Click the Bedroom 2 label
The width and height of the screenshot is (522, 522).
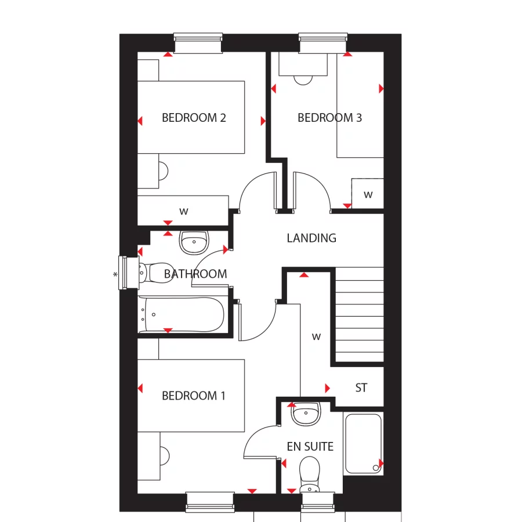tap(194, 118)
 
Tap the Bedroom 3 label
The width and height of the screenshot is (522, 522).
tap(329, 118)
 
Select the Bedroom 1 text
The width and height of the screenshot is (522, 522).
tap(194, 396)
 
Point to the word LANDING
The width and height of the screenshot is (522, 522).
tap(311, 238)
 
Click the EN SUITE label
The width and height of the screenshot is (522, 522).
tap(310, 447)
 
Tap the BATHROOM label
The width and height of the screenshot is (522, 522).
tap(195, 274)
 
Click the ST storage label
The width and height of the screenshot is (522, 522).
tap(361, 388)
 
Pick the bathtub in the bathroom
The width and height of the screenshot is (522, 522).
tap(181, 315)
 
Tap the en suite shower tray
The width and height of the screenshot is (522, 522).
tap(363, 444)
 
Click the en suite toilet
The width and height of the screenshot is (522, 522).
tap(310, 473)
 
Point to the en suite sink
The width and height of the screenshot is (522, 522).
tap(306, 414)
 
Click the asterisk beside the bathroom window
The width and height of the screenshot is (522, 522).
tap(115, 274)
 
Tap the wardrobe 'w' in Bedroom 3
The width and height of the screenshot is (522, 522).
tap(368, 195)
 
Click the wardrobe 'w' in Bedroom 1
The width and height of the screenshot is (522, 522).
tap(316, 336)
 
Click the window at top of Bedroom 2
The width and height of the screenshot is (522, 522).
tap(198, 43)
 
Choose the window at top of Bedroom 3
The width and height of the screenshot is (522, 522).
tap(324, 43)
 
